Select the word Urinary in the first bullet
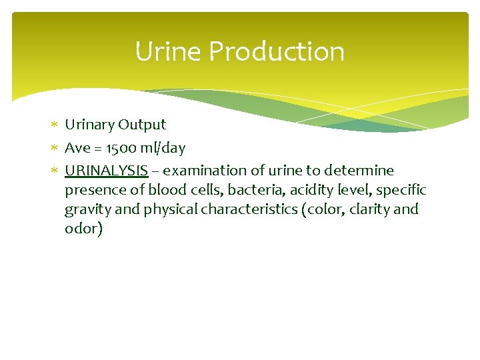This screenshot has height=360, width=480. tap(89, 125)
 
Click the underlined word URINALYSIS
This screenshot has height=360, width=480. tap(106, 171)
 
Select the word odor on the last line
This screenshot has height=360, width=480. tap(83, 229)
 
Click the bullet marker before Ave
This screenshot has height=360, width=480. tap(55, 148)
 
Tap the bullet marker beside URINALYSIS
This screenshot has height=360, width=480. tap(55, 171)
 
